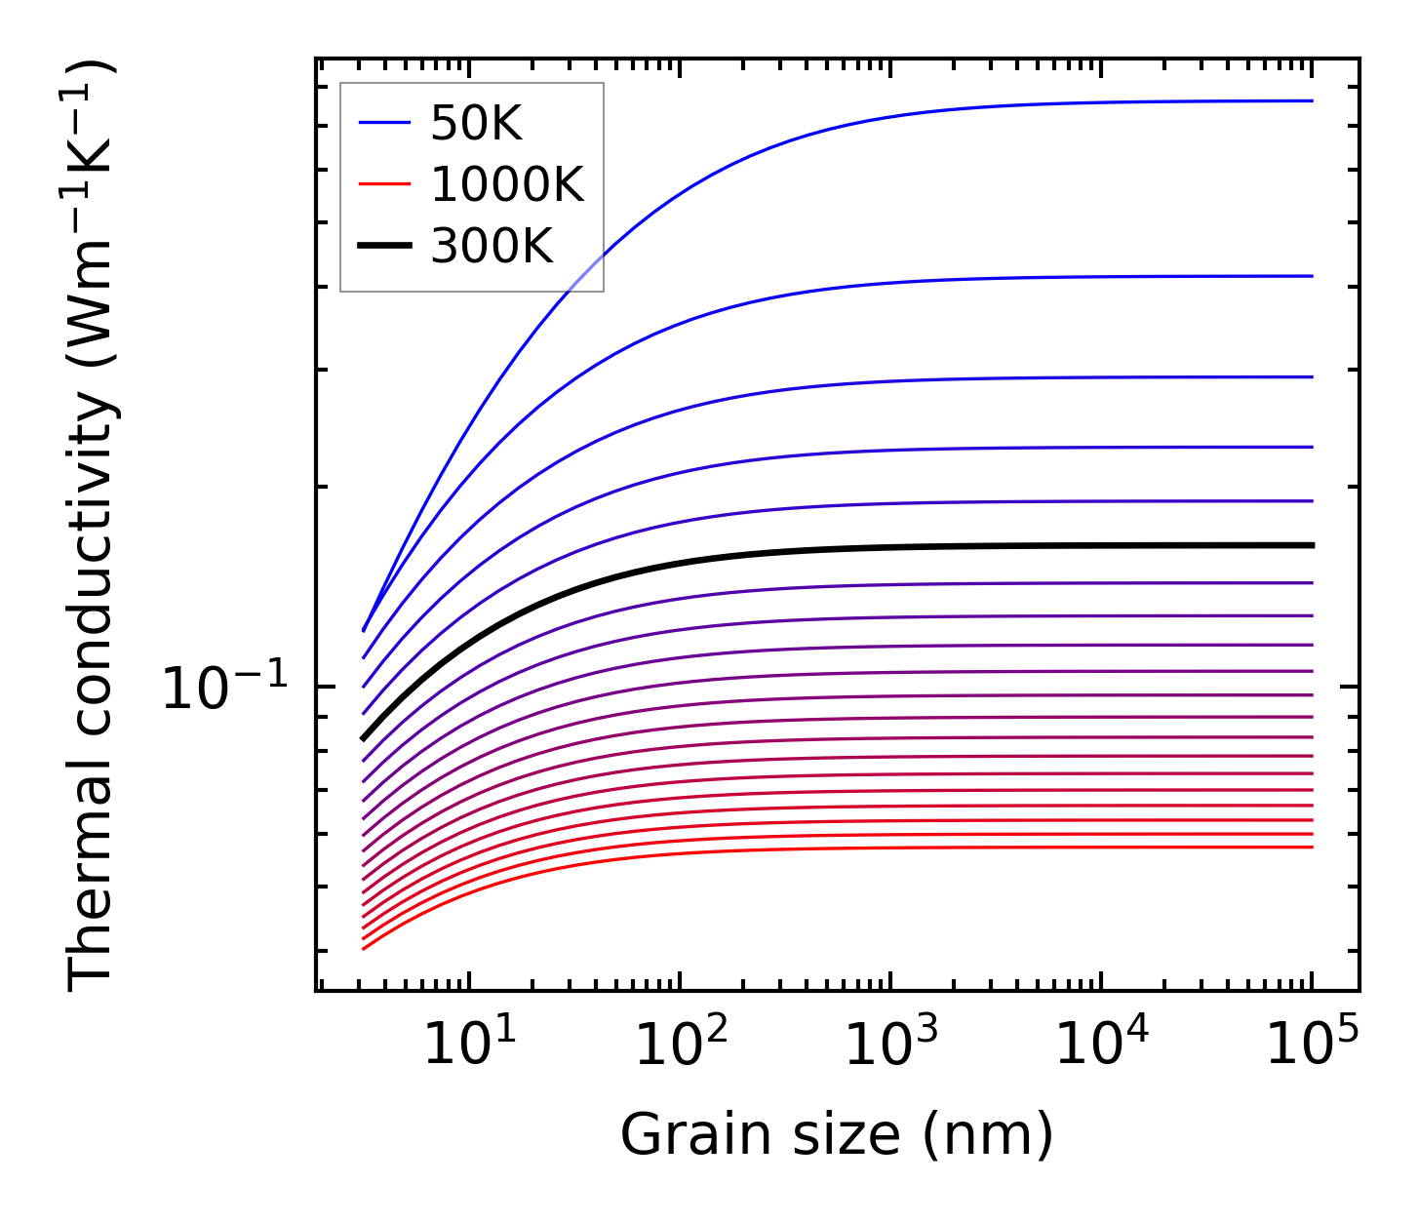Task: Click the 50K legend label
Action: pos(477,123)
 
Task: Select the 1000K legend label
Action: pos(507,184)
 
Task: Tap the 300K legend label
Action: pos(492,247)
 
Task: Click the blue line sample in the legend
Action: pos(385,123)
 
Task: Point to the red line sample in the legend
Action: pos(385,184)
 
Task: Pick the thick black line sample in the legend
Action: pos(385,247)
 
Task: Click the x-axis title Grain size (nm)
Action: pos(837,1135)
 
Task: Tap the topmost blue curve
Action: pos(780,146)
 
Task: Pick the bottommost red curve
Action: pos(780,848)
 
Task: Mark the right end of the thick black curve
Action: pos(1313,545)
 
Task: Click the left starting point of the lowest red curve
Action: pos(363,948)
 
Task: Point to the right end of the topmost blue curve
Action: pos(1313,100)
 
